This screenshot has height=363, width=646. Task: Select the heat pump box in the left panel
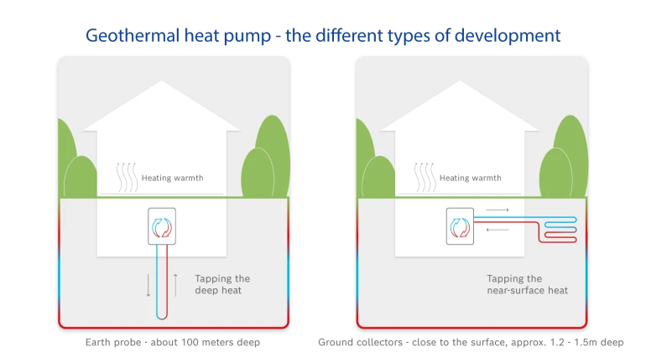tap(161, 226)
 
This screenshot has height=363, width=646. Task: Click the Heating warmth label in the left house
tap(172, 178)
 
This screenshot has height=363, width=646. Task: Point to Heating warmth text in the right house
tap(471, 178)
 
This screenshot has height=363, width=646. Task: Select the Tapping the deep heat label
tap(222, 284)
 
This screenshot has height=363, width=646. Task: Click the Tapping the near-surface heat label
tap(527, 284)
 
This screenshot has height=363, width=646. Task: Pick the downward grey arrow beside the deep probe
tap(148, 285)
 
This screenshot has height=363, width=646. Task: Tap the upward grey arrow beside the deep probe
tap(175, 285)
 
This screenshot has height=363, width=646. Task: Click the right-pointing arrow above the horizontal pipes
tap(498, 210)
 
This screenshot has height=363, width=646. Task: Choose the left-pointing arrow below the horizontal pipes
tap(498, 229)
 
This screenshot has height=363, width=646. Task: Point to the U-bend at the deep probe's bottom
tap(162, 318)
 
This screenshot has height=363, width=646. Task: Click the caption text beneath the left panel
tap(171, 342)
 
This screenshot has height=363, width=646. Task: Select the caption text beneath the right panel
tap(470, 342)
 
